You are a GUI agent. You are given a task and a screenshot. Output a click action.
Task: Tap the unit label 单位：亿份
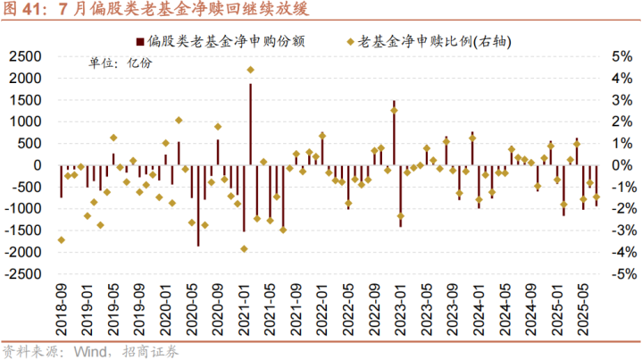[120, 63]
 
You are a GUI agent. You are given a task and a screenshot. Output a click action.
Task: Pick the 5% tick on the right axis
[616, 56]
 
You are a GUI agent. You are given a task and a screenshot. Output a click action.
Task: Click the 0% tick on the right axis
[616, 165]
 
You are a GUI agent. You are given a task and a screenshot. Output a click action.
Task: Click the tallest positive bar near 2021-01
[250, 125]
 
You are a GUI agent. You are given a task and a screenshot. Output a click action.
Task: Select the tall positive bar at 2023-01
[394, 133]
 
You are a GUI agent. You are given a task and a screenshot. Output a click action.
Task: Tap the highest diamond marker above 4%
[251, 70]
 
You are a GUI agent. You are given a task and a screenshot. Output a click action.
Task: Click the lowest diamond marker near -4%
[244, 248]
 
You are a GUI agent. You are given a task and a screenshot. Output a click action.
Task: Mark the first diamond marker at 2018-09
[61, 239]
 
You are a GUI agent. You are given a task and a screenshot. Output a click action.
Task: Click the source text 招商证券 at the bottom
[153, 350]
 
